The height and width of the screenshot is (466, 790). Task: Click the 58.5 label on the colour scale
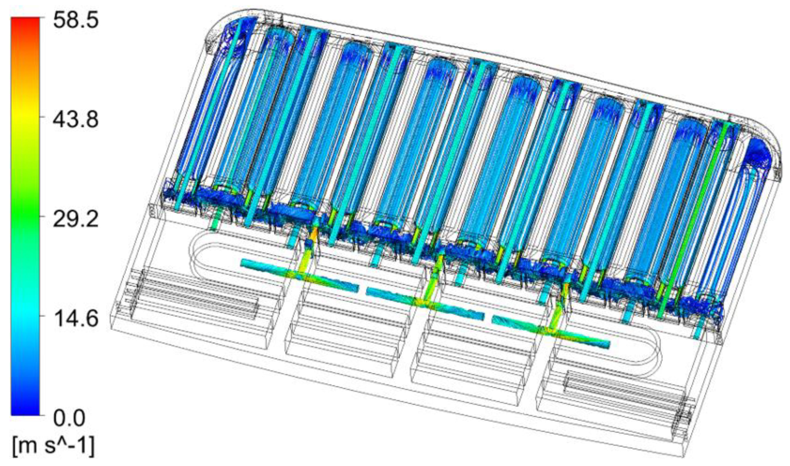[x=76, y=21]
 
